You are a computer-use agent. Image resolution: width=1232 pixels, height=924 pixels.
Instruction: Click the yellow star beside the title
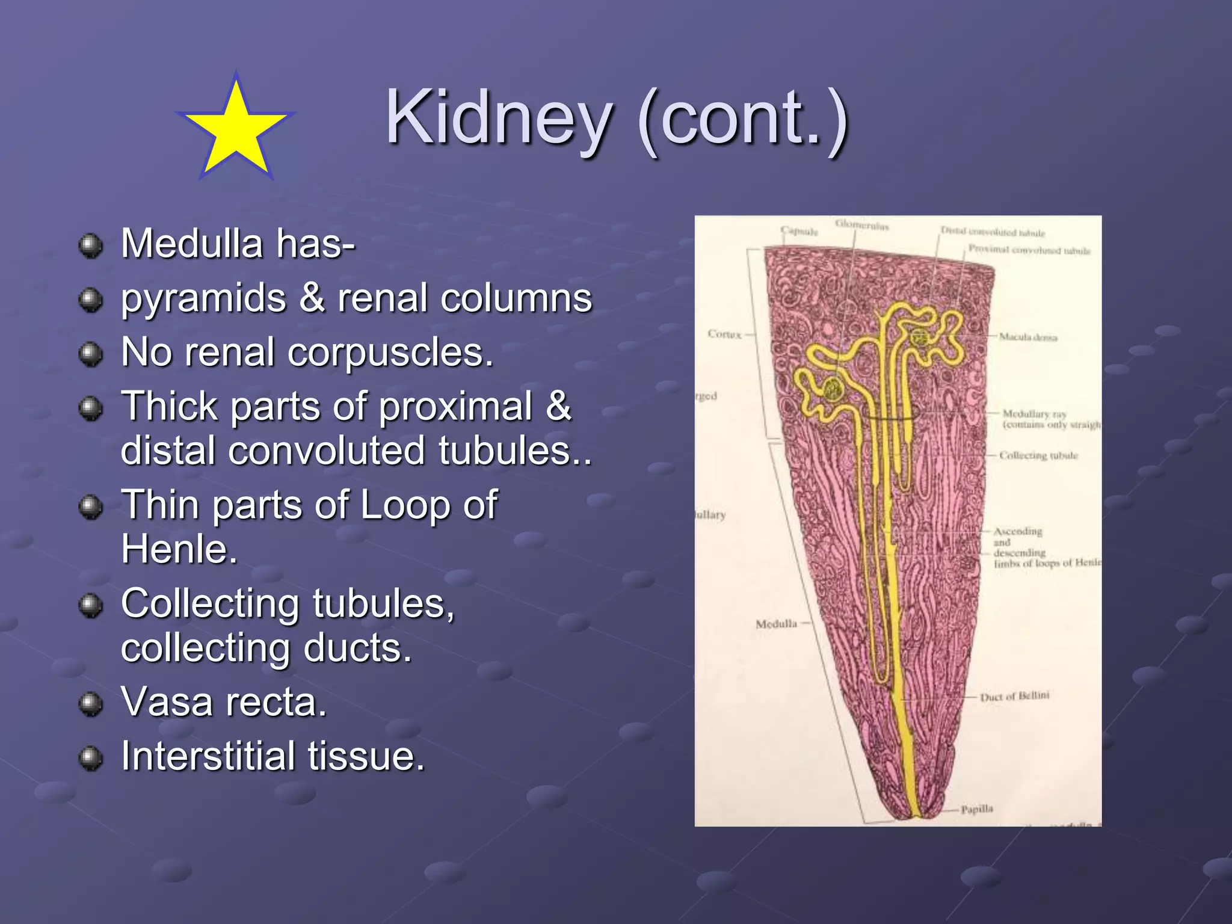(x=236, y=129)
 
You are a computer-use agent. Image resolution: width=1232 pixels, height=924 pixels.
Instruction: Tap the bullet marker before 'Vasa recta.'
(x=91, y=703)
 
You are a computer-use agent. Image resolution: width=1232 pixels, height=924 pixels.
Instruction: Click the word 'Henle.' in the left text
(x=179, y=549)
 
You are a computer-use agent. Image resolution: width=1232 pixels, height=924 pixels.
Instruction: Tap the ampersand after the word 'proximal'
(x=558, y=406)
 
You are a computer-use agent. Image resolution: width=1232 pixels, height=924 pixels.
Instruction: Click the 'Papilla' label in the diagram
(x=976, y=809)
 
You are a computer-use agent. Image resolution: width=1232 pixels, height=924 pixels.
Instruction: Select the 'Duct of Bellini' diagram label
(x=1014, y=697)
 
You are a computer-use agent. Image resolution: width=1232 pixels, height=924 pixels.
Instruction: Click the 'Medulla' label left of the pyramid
(x=776, y=624)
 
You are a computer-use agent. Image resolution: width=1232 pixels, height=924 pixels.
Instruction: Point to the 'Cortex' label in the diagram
(x=724, y=334)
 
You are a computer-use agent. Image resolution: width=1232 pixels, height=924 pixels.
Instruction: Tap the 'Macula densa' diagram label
(x=1027, y=337)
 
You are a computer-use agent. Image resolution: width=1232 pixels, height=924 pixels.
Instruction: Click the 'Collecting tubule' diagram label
(x=1038, y=455)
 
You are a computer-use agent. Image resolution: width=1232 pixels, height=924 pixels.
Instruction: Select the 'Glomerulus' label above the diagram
(x=861, y=225)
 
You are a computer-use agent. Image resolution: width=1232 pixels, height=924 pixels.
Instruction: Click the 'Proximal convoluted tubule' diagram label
(x=1029, y=250)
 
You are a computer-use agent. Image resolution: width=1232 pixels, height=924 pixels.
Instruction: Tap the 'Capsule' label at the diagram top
(x=799, y=231)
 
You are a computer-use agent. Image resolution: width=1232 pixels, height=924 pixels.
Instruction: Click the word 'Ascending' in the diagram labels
(x=1017, y=531)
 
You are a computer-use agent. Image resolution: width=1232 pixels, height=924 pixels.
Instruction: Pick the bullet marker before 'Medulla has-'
(x=91, y=245)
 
